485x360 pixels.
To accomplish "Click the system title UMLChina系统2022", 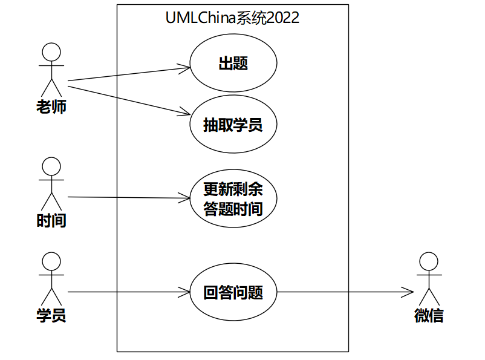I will coord(232,18).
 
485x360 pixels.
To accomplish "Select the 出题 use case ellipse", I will coord(233,64).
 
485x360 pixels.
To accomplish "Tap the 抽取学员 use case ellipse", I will coord(233,125).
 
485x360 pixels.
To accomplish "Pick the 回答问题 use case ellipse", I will coord(233,293).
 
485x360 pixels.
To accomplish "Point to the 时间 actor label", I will coord(51,221).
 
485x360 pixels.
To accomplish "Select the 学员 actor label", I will coord(51,315).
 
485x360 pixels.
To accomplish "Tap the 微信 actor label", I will coord(429,315).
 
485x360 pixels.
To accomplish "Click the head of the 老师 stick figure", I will coord(51,52).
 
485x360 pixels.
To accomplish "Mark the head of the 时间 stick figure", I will coord(51,166).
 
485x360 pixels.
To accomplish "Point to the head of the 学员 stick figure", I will coord(51,261).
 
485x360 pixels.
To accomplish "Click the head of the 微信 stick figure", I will coord(429,261).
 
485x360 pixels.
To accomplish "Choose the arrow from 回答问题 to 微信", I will coord(345,293).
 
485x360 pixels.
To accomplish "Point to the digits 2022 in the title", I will coord(282,18).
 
